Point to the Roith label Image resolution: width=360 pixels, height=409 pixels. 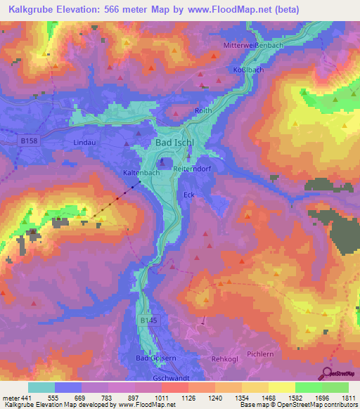[x=203, y=111]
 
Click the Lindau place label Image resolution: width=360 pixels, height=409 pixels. [x=84, y=142]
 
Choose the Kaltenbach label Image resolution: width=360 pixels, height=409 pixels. [x=139, y=171]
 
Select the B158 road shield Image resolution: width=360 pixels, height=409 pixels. [x=27, y=141]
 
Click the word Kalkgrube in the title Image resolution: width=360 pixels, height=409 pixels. [x=25, y=10]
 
